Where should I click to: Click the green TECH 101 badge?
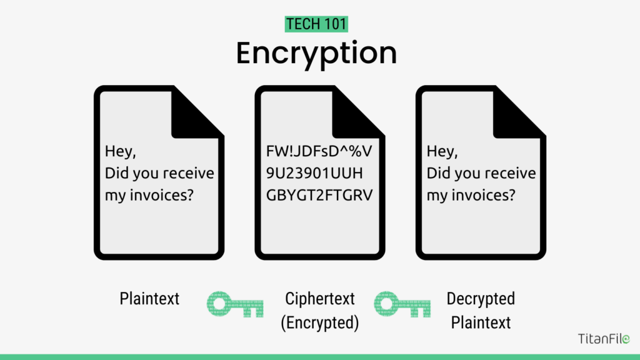click(x=316, y=24)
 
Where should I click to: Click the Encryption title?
click(x=316, y=54)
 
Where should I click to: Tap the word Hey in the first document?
click(x=119, y=151)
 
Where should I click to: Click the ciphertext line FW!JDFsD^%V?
click(x=319, y=151)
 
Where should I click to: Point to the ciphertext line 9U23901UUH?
click(x=314, y=173)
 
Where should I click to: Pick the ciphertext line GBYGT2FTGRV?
click(x=319, y=195)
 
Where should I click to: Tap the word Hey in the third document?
click(x=441, y=151)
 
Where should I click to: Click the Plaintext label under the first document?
click(x=149, y=299)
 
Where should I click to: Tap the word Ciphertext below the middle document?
click(x=319, y=299)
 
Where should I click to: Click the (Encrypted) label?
click(x=319, y=322)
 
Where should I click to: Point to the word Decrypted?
click(x=481, y=299)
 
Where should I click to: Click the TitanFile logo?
click(x=604, y=338)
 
